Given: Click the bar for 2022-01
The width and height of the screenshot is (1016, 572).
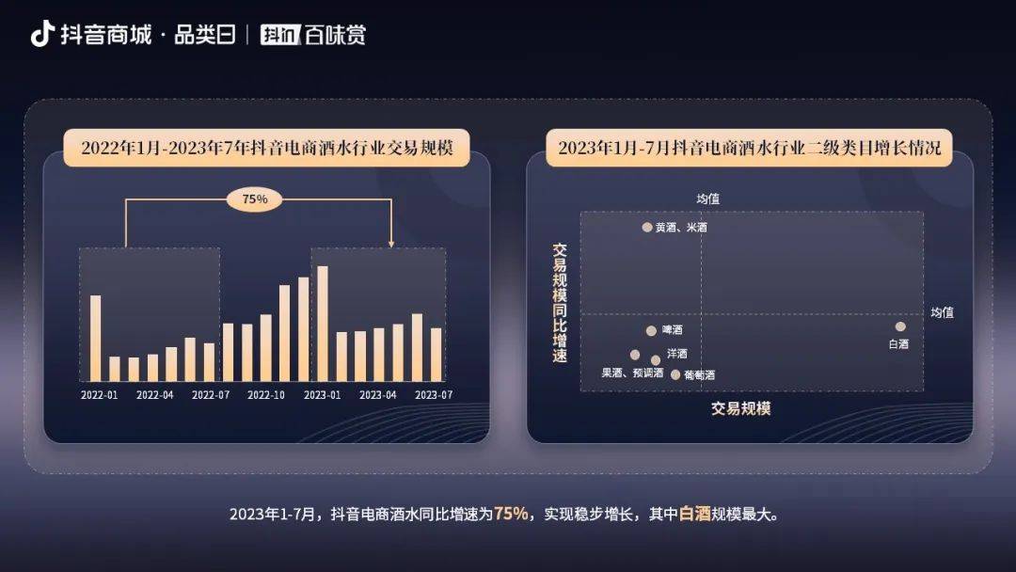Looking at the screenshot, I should click(95, 338).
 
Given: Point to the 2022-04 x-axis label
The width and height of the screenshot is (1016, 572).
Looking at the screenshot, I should click(154, 395).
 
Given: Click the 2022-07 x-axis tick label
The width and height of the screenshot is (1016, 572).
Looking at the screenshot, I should click(211, 395).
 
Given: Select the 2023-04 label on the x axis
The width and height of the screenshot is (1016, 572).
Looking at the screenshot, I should click(378, 395).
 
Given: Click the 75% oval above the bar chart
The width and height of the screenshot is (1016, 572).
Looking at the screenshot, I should click(255, 199).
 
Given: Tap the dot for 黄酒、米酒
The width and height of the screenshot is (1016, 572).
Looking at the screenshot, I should click(647, 227).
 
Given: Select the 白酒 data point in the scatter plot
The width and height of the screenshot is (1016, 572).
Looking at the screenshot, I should click(900, 326).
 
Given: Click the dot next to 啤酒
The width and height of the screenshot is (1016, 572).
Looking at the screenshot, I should click(651, 330).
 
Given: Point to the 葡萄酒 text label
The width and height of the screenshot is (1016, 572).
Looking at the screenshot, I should click(699, 374).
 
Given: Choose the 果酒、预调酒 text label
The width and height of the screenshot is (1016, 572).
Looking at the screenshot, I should click(632, 373).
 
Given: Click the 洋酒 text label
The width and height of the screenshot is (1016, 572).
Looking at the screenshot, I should click(676, 355).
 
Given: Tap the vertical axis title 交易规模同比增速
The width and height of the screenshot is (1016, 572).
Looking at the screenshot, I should click(560, 303).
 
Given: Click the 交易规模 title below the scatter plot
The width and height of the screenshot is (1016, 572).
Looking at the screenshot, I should click(740, 408).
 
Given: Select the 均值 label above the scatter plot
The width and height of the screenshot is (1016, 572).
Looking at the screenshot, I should click(707, 199).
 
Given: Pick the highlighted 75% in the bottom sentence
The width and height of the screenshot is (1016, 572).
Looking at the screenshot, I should click(511, 514).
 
